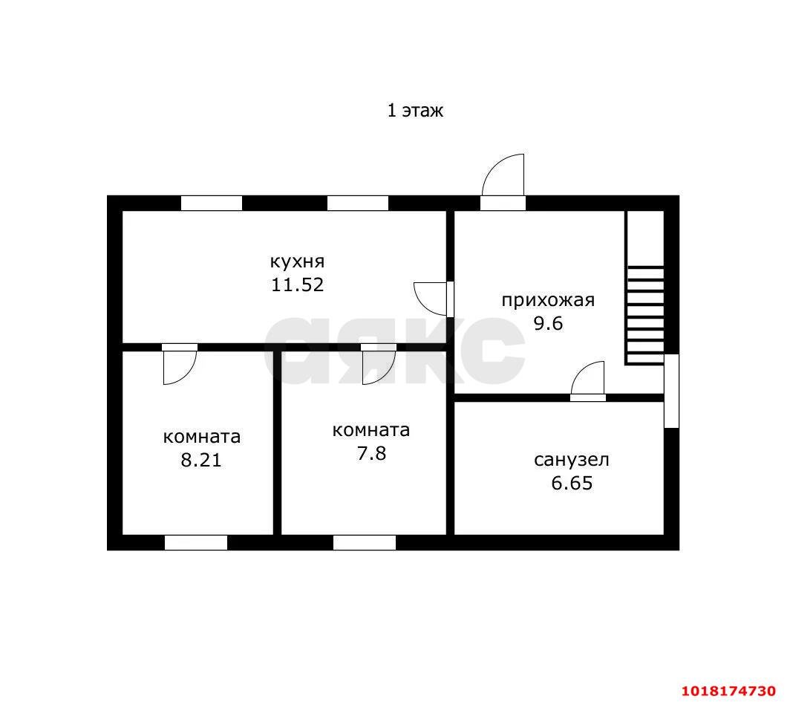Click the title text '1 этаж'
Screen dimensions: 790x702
(415, 111)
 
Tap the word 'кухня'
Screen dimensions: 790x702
(297, 261)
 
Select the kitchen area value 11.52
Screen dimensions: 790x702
(297, 285)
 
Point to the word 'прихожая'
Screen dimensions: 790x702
(548, 300)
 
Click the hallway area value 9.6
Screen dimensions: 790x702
(548, 323)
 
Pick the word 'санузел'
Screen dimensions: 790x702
(572, 460)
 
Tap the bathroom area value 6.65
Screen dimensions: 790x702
(572, 484)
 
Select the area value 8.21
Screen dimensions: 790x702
(201, 460)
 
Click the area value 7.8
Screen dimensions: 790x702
(371, 454)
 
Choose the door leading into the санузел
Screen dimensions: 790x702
(588, 381)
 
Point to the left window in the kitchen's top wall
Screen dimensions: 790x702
(212, 203)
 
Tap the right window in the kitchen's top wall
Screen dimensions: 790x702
(358, 203)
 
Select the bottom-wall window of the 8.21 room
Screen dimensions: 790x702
(196, 543)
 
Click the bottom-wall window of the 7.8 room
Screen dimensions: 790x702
(365, 543)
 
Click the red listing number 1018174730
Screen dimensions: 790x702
(728, 690)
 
